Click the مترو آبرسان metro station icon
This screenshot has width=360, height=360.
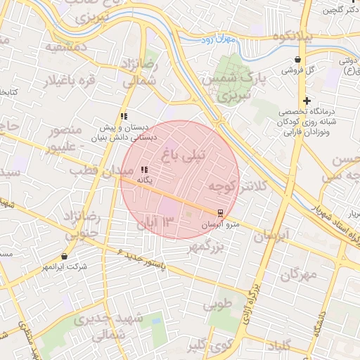(220, 212)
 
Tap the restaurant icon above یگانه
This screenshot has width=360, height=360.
(144, 169)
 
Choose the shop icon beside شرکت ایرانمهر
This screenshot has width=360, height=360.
(65, 257)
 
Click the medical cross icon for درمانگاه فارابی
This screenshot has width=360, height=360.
(307, 101)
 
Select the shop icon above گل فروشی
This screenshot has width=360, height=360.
(300, 60)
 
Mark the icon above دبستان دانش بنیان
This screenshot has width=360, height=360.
(124, 116)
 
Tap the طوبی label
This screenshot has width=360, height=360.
(217, 306)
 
